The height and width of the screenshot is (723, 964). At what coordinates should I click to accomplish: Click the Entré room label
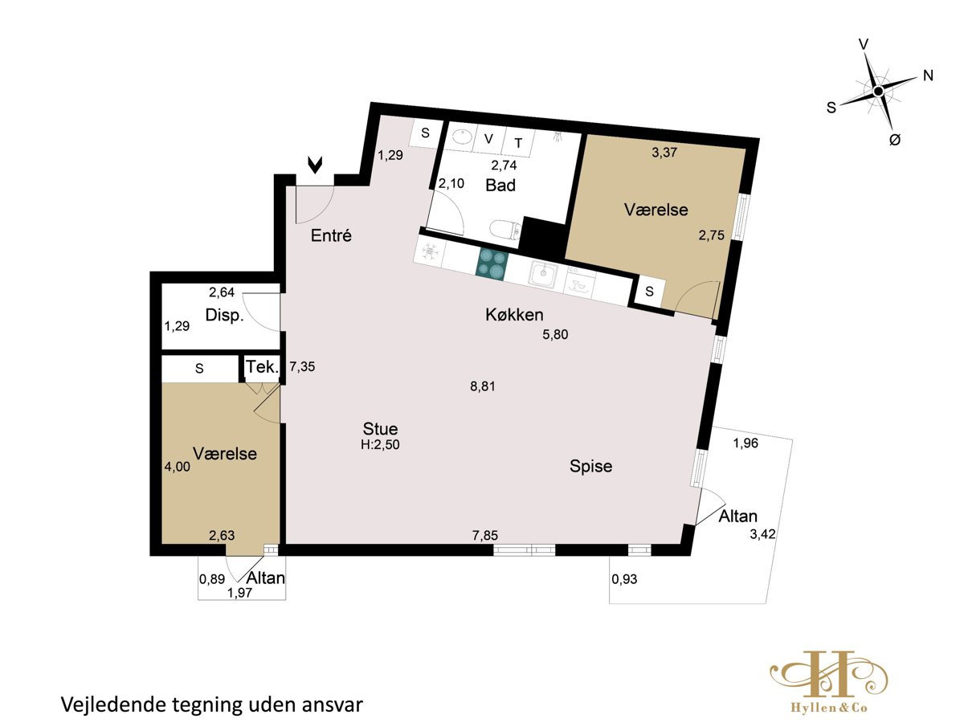coord(331,235)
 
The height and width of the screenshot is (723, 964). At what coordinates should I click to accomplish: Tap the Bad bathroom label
coord(500,186)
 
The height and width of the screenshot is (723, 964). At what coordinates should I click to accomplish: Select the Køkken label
coord(514,314)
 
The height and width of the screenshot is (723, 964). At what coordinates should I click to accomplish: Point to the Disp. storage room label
coord(224,315)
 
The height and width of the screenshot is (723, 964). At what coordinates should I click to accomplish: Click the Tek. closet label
coord(262,366)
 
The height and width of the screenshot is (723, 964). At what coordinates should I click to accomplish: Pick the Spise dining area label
coord(590,466)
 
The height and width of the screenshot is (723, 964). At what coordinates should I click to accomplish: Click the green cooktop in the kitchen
coord(492,263)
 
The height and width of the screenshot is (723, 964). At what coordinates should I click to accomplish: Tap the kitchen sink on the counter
coord(543,275)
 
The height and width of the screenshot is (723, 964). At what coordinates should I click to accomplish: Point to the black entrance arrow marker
coord(316,165)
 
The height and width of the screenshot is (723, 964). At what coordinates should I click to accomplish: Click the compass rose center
coord(878,92)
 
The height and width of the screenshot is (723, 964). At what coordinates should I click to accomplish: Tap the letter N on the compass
coord(928,76)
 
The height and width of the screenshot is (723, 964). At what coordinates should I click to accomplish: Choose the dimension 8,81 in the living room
coord(483,386)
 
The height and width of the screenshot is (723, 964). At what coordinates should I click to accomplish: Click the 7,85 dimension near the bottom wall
coord(485,535)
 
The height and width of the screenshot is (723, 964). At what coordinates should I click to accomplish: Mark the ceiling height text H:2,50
coord(380,445)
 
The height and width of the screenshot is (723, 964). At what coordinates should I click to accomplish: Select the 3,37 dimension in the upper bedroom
coord(664,153)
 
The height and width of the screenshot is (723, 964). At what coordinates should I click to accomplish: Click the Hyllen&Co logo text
coord(829,708)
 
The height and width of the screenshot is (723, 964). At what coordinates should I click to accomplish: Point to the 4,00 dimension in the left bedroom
coord(178,467)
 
